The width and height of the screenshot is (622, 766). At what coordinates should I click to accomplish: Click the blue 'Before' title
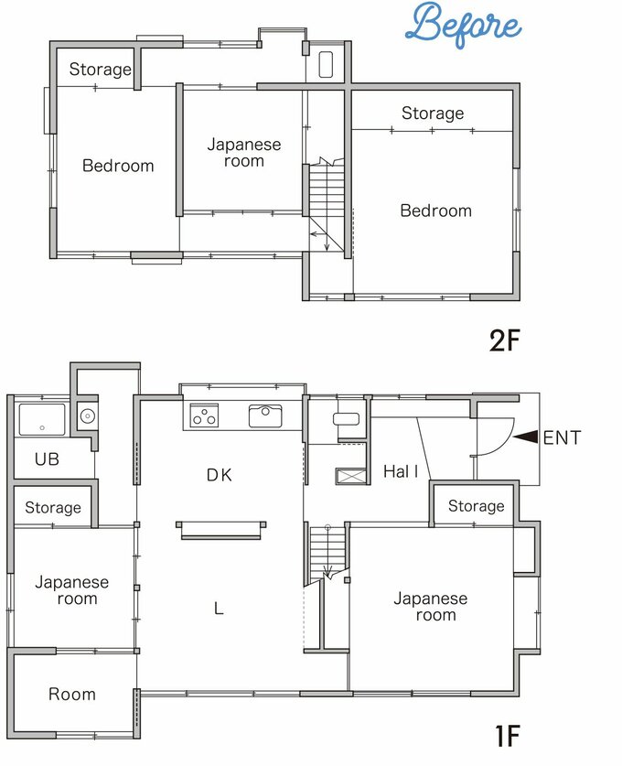(x=463, y=25)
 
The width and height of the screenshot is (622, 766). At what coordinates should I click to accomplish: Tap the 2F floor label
(x=505, y=340)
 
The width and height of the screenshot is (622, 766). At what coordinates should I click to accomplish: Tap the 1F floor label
(x=508, y=736)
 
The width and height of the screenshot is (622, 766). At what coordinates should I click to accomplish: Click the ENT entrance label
(x=562, y=437)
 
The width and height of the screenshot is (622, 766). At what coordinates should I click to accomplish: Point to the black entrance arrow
(x=526, y=437)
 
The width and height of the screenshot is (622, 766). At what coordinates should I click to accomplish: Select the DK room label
(x=220, y=475)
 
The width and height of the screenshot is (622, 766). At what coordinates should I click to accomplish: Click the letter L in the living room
(x=219, y=609)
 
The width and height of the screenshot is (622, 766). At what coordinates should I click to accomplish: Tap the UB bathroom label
(x=47, y=459)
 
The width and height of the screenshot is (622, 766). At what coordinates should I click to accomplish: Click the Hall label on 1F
(x=401, y=471)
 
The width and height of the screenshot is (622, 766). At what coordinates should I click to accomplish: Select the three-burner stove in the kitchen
(x=204, y=415)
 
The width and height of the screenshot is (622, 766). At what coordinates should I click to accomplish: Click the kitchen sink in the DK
(x=265, y=415)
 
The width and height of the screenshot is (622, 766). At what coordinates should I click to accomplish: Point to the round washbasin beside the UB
(x=88, y=416)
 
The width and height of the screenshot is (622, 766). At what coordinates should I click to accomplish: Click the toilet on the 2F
(x=326, y=64)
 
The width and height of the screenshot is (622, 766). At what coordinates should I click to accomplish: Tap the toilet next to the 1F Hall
(x=346, y=418)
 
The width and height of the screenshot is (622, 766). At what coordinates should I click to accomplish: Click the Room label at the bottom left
(x=71, y=695)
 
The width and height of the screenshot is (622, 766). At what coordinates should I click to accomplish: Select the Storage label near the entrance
(x=476, y=506)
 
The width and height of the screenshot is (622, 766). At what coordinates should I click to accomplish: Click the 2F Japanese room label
(x=244, y=153)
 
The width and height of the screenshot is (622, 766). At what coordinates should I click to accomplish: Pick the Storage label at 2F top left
(x=100, y=70)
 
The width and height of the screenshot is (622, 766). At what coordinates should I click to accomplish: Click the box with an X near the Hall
(x=350, y=476)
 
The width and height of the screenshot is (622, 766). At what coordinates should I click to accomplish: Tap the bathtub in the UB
(x=42, y=420)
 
